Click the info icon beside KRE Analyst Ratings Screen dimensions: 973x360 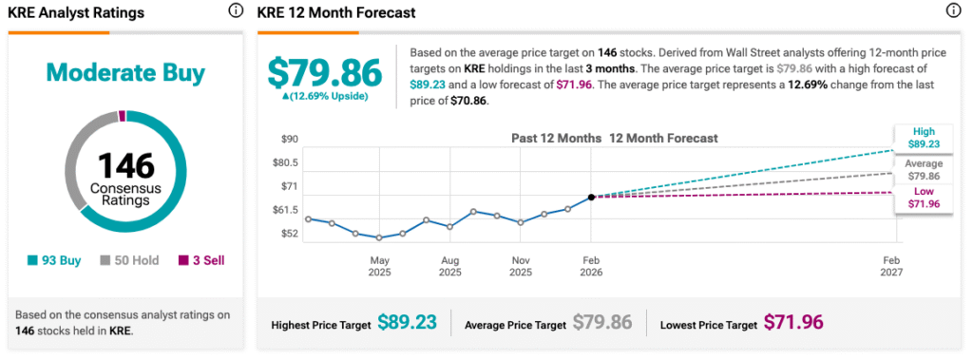coord(236,10)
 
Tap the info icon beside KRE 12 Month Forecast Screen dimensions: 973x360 coord(952,10)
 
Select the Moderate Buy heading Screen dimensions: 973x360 coord(125,73)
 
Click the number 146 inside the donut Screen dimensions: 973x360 coord(125,165)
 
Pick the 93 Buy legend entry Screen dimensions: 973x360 coord(54,260)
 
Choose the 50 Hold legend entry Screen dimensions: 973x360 coord(129,260)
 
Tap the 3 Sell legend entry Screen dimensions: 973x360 coord(201,260)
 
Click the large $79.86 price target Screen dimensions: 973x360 coord(325,72)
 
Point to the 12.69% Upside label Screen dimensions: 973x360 coord(325,96)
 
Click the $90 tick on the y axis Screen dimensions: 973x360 coord(289,139)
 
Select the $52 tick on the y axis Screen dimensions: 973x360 coord(289,234)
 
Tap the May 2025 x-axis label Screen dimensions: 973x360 coord(380,266)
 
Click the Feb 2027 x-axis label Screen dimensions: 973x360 coord(891,266)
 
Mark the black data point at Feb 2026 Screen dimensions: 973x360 coord(591,197)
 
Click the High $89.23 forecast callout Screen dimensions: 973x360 coord(923,138)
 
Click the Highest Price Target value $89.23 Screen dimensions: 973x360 coord(407,322)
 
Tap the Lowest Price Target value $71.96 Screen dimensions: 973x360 coord(793,322)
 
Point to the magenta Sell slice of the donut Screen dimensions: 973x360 coord(122,116)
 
